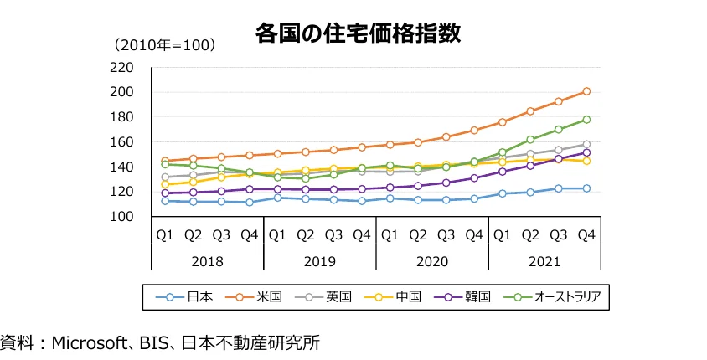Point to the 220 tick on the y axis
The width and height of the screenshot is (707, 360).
[x=122, y=68]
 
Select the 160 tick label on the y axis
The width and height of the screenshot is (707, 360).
[x=122, y=142]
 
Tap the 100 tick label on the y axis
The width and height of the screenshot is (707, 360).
[x=122, y=217]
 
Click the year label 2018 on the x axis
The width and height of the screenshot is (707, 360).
[x=207, y=261]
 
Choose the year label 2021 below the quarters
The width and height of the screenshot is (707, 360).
[x=544, y=261]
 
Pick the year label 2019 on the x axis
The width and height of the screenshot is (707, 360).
[x=319, y=261]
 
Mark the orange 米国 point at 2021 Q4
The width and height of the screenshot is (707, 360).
[x=586, y=91]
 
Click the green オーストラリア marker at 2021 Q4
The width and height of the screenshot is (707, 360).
[x=586, y=120]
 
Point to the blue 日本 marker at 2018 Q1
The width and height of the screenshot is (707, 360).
[x=165, y=201]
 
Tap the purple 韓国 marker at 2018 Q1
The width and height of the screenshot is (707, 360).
[x=165, y=193]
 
